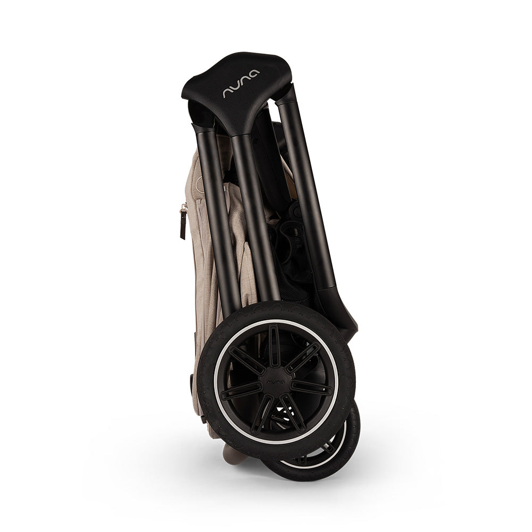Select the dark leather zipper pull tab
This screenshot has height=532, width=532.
[183, 225]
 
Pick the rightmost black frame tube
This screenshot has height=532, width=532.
[307, 190]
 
